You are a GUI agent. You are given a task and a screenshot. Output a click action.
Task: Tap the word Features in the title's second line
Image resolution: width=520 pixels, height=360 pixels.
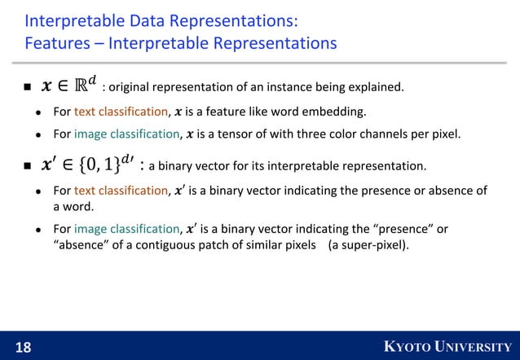coord(56,42)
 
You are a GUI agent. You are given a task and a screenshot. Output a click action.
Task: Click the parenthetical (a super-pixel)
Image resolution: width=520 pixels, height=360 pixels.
coord(368,244)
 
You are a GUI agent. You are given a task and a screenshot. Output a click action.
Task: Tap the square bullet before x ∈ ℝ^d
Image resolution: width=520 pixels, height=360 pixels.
coord(28,86)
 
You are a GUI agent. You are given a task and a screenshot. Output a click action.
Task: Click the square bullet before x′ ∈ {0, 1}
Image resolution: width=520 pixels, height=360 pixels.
coord(28,167)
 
